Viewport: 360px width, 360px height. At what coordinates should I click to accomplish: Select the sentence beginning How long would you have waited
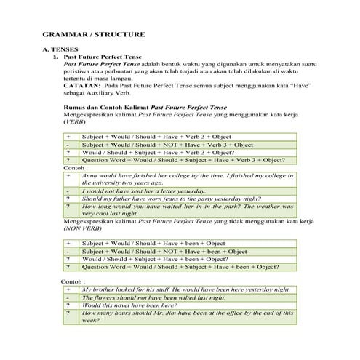(145, 207)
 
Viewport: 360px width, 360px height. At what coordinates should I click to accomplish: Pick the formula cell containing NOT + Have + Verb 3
(167, 145)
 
